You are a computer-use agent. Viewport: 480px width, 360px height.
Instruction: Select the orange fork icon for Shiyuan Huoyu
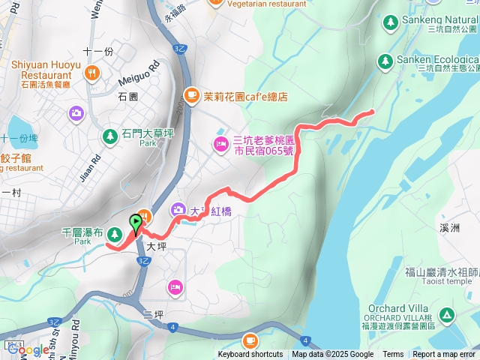click(92, 73)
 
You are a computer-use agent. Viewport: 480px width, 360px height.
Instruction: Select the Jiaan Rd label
click(96, 166)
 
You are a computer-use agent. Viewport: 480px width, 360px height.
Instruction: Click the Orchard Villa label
click(397, 308)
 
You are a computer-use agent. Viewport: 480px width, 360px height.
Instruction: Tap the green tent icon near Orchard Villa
click(447, 314)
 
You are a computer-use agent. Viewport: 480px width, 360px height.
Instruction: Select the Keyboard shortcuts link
click(250, 355)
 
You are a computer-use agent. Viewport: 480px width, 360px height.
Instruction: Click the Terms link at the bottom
click(393, 355)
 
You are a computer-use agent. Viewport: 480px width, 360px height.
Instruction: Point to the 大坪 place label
click(155, 245)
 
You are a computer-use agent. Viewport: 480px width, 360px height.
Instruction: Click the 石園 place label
click(128, 97)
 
